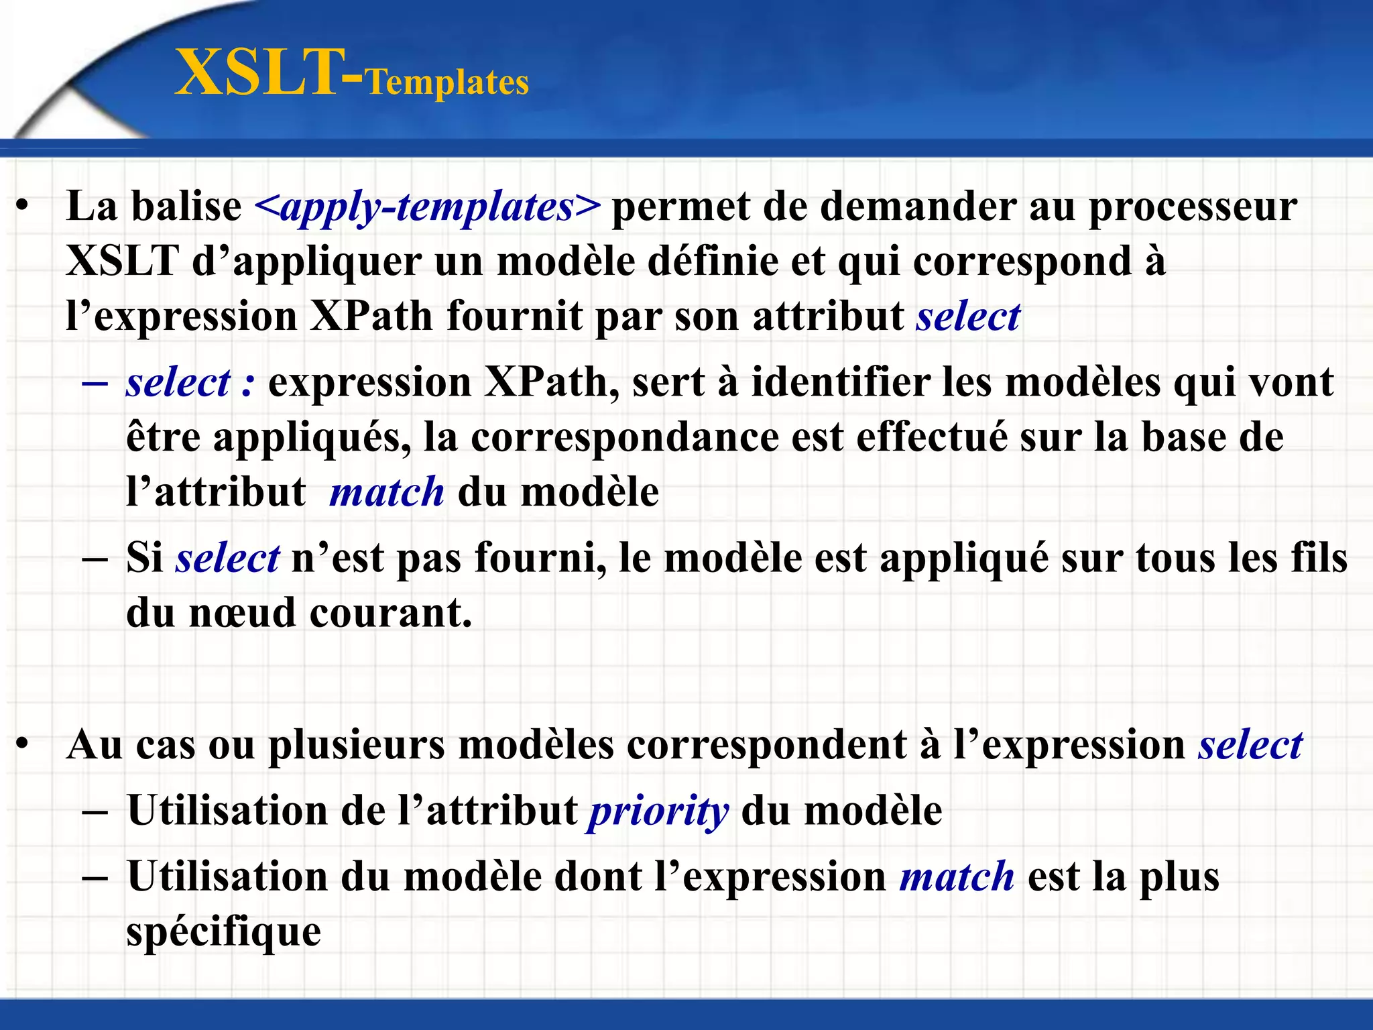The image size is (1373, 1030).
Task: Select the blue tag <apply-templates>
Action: tap(428, 207)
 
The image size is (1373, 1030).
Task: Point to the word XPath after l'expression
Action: tap(371, 317)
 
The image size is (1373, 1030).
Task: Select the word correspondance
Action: tap(625, 437)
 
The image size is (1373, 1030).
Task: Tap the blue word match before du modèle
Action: tap(387, 492)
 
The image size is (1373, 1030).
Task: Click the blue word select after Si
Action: tap(227, 558)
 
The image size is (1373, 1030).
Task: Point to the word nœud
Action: tap(242, 613)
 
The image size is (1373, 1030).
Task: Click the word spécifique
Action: tap(224, 933)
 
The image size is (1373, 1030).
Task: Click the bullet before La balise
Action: tap(23, 207)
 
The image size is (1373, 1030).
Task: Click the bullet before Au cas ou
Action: tap(23, 745)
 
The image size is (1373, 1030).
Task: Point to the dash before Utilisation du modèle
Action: tap(95, 877)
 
